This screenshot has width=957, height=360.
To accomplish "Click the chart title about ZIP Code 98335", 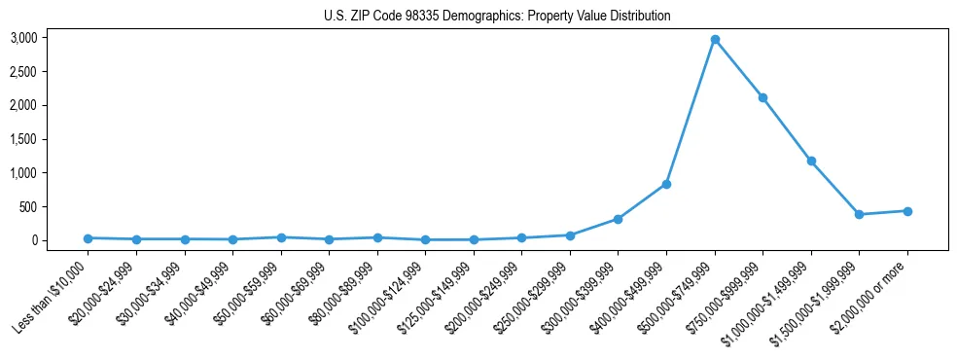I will [x=497, y=17].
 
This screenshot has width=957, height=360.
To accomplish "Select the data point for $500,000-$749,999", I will [x=715, y=40].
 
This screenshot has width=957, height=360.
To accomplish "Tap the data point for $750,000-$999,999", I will [x=762, y=97].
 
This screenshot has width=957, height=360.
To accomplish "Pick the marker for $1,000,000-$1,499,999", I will [x=811, y=162].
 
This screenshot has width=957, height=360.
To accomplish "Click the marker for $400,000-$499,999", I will [x=666, y=184].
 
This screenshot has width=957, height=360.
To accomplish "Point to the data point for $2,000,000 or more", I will [x=907, y=211].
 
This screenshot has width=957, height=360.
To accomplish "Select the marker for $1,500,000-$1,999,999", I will [x=859, y=214].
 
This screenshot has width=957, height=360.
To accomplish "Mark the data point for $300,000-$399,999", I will [x=618, y=219].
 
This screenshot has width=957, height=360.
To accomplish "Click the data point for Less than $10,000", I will [x=88, y=238].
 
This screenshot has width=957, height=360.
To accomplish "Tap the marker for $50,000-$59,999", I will [x=280, y=237].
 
